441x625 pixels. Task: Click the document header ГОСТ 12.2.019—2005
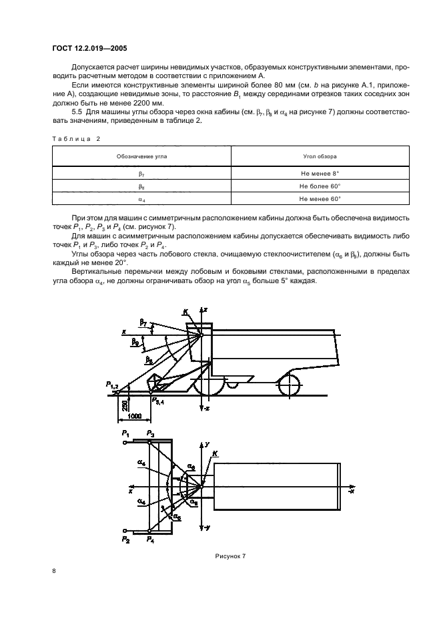(89, 48)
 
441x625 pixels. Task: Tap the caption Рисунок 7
(231, 556)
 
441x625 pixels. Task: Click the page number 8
(54, 571)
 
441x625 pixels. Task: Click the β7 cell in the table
(141, 172)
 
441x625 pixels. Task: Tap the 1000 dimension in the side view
(133, 415)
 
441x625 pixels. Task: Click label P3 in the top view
(151, 435)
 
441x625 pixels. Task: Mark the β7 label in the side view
(143, 322)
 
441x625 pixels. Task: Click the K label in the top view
(214, 455)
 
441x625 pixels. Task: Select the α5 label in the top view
(176, 516)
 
